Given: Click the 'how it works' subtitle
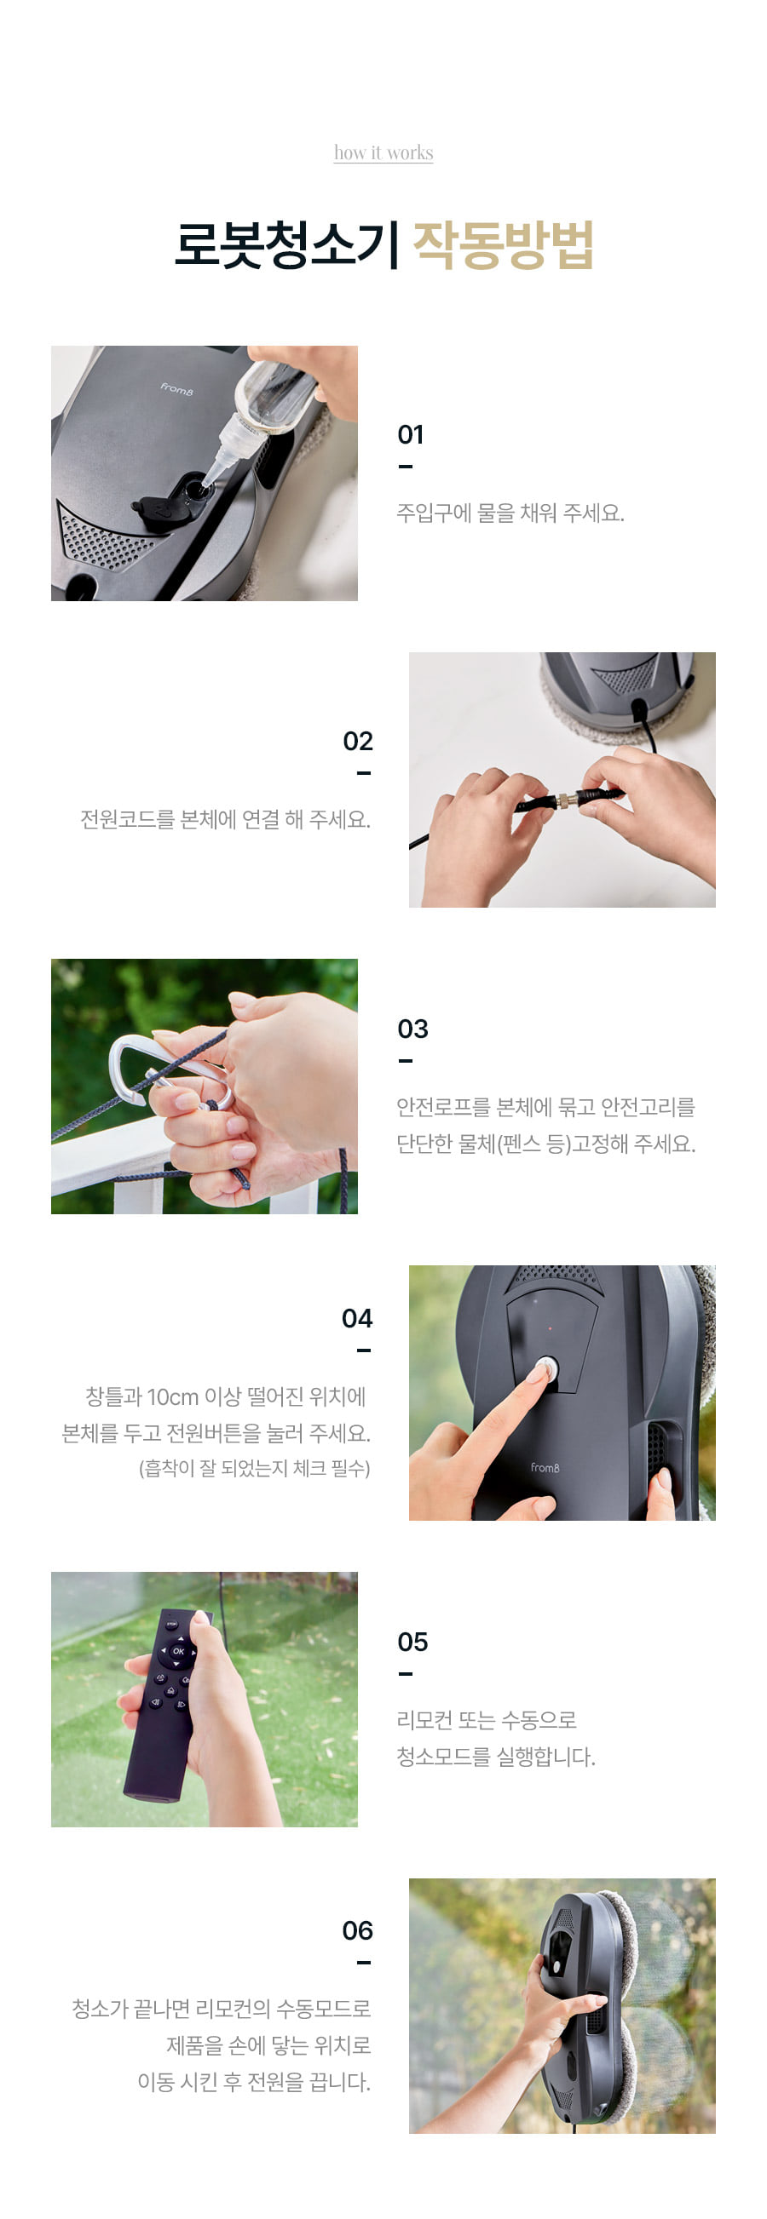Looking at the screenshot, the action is (x=383, y=152).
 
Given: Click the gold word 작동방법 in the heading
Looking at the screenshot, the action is (x=504, y=245).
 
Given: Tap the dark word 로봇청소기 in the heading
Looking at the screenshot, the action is (x=287, y=245).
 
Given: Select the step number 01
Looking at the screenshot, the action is (x=410, y=435).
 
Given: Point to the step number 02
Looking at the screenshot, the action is (x=358, y=742).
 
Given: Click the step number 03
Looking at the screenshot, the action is (x=412, y=1029).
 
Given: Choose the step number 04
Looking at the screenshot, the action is (x=357, y=1319).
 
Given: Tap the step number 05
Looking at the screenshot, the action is (x=412, y=1643).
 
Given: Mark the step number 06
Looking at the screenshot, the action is (x=357, y=1931).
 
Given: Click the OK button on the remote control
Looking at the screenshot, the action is (x=178, y=1652).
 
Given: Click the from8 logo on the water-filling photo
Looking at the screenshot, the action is (x=176, y=388).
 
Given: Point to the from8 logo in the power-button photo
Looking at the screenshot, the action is (x=545, y=1468).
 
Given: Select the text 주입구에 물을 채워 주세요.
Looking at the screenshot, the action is (x=510, y=513).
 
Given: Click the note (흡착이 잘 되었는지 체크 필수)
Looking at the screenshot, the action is (x=254, y=1469).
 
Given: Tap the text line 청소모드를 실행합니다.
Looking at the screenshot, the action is (x=495, y=1757).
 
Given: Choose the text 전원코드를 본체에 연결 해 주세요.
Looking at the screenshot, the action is (x=226, y=819).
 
